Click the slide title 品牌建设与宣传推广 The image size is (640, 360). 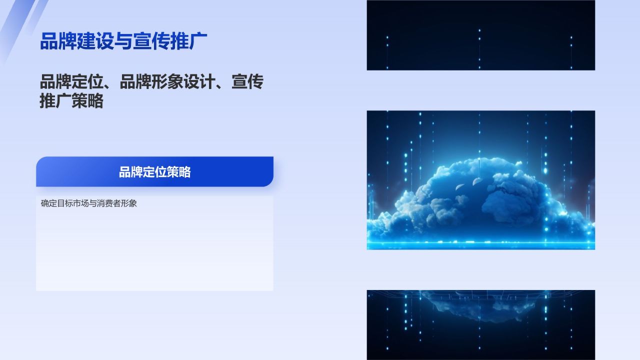123,41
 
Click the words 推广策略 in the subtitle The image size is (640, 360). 71,101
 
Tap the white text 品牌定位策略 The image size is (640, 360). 154,172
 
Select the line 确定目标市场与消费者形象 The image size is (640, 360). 88,203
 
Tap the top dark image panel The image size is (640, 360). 480,35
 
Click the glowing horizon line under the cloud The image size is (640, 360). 480,244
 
